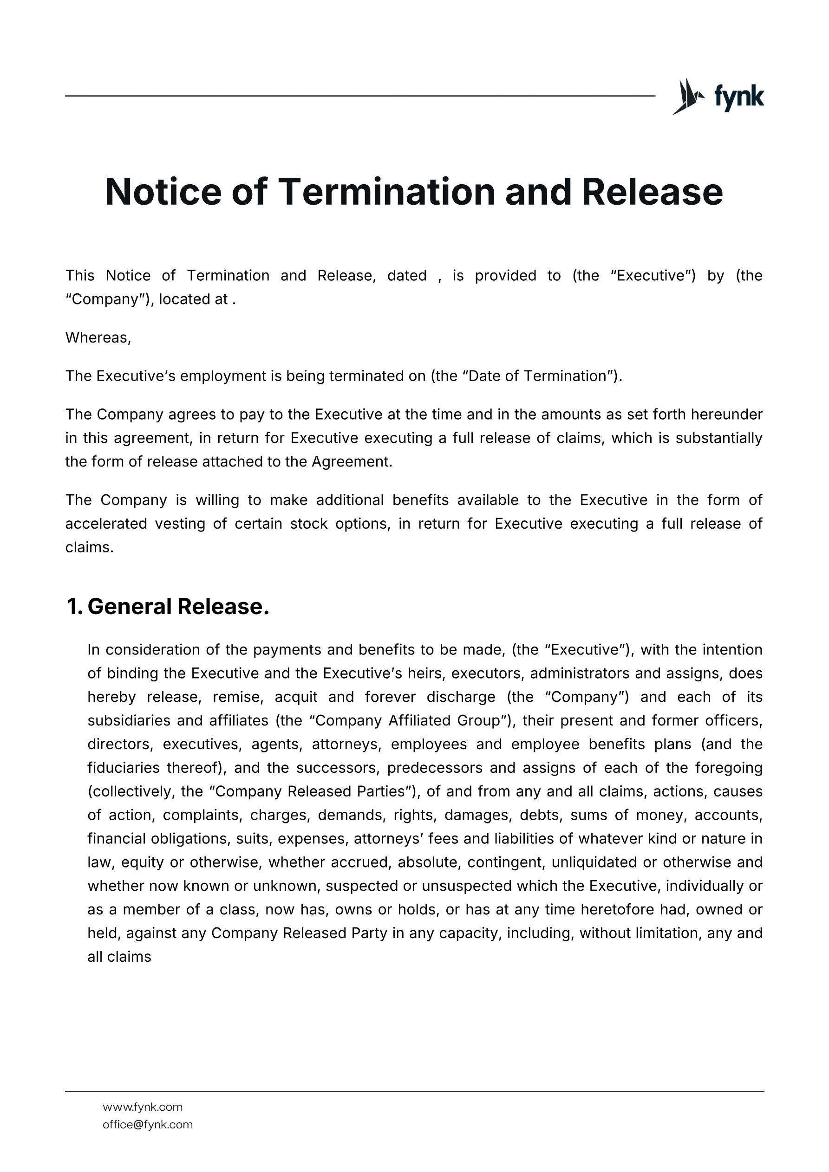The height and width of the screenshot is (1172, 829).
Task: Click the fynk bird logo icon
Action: coord(687,96)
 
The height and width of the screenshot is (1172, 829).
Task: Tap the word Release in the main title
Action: coord(652,192)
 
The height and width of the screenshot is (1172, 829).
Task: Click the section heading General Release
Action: coord(178,606)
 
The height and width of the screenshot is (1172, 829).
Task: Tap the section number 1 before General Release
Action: coord(73,606)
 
